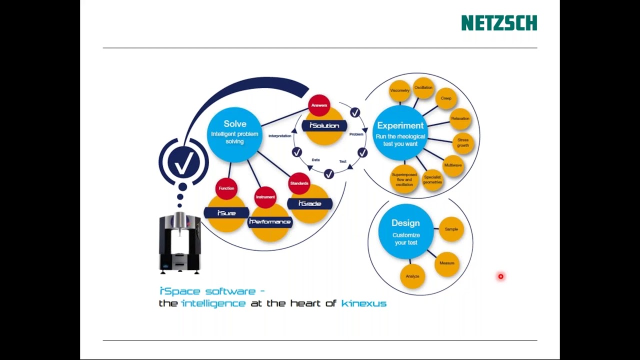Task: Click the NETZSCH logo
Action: tap(498, 23)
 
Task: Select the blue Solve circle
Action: tap(234, 134)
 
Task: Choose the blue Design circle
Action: tap(405, 231)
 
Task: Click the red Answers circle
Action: tap(319, 105)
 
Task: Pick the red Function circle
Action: tap(226, 188)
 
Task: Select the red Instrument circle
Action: tap(265, 197)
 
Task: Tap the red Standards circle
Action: tap(299, 183)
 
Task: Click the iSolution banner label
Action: tap(324, 125)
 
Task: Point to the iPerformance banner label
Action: tap(269, 221)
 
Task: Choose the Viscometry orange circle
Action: tap(399, 90)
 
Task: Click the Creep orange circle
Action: tap(446, 98)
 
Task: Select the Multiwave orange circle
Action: tap(453, 165)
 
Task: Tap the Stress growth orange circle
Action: tap(463, 143)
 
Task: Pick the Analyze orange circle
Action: tap(412, 276)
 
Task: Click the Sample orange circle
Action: tap(451, 229)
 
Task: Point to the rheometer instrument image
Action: tap(179, 243)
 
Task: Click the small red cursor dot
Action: tap(500, 276)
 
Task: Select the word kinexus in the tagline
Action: tap(363, 303)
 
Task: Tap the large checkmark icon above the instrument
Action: tap(183, 162)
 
